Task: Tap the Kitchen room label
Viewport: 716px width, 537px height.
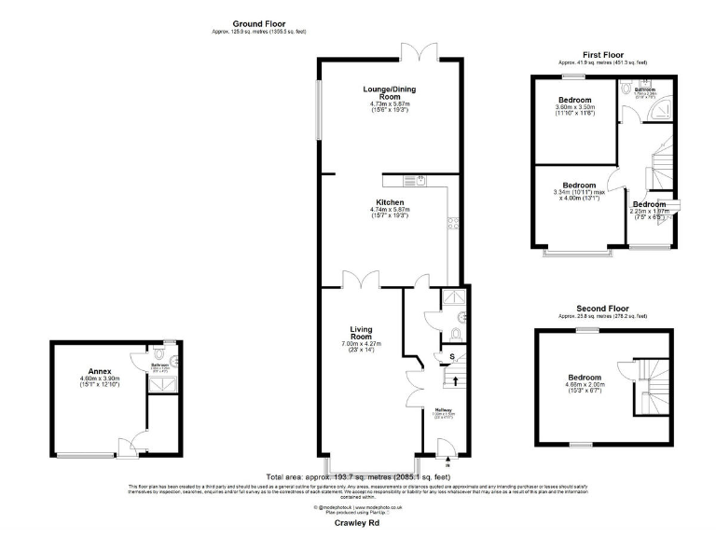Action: click(390, 202)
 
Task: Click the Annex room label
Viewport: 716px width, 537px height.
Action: click(99, 370)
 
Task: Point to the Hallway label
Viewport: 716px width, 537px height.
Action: click(443, 409)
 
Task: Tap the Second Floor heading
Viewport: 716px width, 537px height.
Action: click(601, 309)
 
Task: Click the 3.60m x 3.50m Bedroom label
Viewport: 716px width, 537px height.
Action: click(575, 100)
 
